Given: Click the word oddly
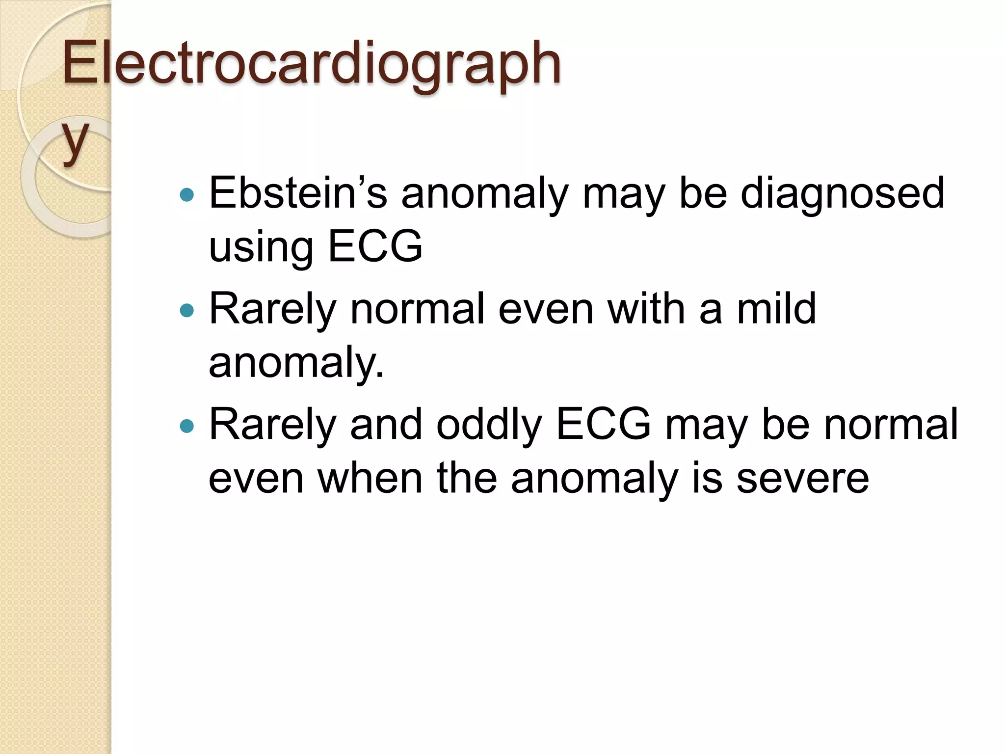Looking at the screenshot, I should coord(489,424).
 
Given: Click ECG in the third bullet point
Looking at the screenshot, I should coord(604,424).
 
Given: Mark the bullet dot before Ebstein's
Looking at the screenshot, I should coord(187,195).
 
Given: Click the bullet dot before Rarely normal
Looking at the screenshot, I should coord(187,311).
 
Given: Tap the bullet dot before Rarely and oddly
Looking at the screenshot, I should coord(187,426).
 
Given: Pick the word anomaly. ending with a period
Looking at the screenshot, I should coord(296,363).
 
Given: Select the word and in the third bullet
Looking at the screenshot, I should coord(386,424).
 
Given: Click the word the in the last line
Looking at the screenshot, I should coord(467,478).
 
